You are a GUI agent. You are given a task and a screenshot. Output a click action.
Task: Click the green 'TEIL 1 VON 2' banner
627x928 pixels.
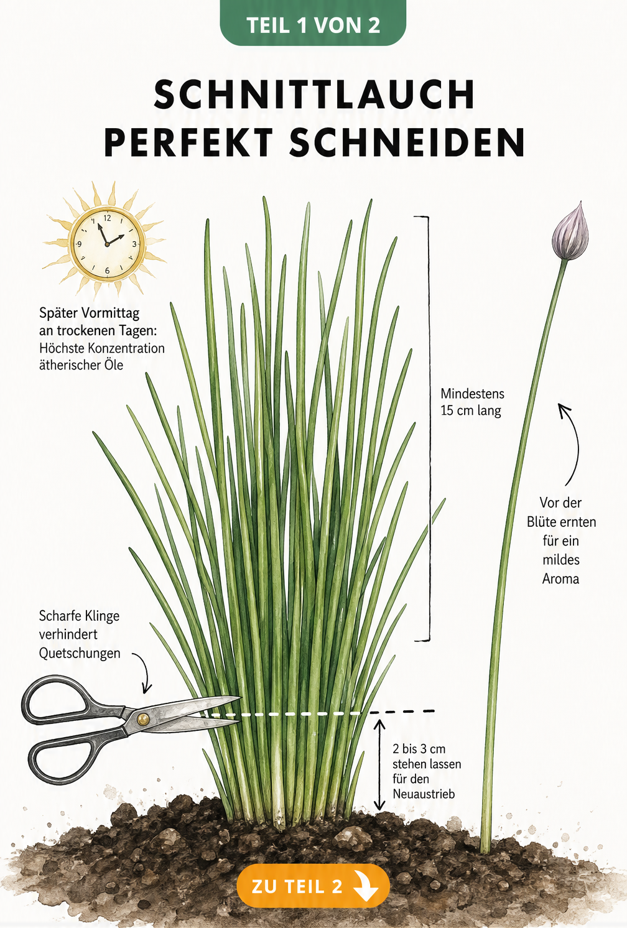pos(313,22)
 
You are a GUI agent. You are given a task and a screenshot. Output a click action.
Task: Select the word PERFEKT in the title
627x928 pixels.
pos(188,142)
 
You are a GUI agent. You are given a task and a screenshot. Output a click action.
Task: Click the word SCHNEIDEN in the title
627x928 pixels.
pos(407,142)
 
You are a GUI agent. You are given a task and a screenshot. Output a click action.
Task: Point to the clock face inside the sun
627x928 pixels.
pos(107,244)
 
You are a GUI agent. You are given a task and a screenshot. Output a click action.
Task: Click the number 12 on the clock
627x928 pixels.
pos(108,218)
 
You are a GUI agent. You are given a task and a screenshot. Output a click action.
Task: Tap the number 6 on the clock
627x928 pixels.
pos(107,271)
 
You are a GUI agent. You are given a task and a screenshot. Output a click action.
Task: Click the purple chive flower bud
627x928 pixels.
pos(570,231)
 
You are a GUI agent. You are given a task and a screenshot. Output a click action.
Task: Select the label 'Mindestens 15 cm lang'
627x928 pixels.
pos(472,402)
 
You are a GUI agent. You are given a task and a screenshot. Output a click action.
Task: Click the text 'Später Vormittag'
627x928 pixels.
pos(89,313)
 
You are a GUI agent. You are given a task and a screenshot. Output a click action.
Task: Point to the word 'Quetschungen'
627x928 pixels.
pos(80,653)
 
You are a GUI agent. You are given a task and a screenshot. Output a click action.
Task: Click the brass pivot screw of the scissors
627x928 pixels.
pos(143,719)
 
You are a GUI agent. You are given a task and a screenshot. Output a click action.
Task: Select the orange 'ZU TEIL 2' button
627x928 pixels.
pos(313,886)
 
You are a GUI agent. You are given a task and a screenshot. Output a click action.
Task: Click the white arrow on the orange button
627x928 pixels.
pos(365,886)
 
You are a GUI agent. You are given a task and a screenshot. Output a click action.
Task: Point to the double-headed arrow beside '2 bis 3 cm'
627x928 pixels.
pos(379,765)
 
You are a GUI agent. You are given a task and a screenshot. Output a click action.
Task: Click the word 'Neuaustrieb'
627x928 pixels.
pos(424,794)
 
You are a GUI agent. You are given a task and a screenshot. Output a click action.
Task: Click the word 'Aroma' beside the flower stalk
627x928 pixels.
pos(560,578)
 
